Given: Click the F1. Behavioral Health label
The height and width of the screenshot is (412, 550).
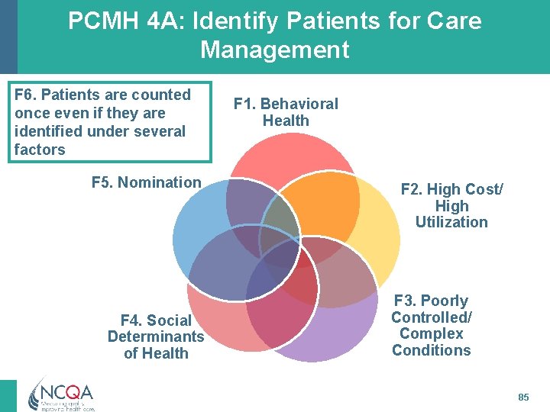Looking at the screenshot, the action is (286, 112).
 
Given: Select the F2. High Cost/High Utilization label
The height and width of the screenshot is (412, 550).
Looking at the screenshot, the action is (451, 205).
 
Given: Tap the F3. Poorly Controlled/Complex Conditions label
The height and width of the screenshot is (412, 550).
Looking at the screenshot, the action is (432, 326).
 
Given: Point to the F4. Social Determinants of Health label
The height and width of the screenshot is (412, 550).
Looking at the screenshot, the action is (156, 336).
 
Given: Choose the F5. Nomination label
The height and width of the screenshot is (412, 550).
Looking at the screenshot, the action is (146, 182).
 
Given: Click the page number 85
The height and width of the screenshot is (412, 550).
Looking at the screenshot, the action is (523, 398).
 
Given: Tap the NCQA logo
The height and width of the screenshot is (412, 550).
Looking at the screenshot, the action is (60, 394).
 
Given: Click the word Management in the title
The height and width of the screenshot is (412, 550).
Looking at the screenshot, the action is (274, 50).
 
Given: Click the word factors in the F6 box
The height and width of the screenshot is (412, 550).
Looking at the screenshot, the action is (40, 150).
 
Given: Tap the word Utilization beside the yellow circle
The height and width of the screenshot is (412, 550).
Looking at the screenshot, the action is (451, 222).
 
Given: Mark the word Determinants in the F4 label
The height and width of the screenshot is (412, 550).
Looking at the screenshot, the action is (156, 336).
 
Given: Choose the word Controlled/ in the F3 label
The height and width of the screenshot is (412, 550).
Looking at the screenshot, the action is (432, 317).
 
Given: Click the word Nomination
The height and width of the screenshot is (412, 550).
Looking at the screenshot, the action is (159, 182).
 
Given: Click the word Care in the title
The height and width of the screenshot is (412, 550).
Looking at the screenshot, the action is (455, 21).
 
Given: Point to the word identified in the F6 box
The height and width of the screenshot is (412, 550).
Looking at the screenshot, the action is (47, 131).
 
